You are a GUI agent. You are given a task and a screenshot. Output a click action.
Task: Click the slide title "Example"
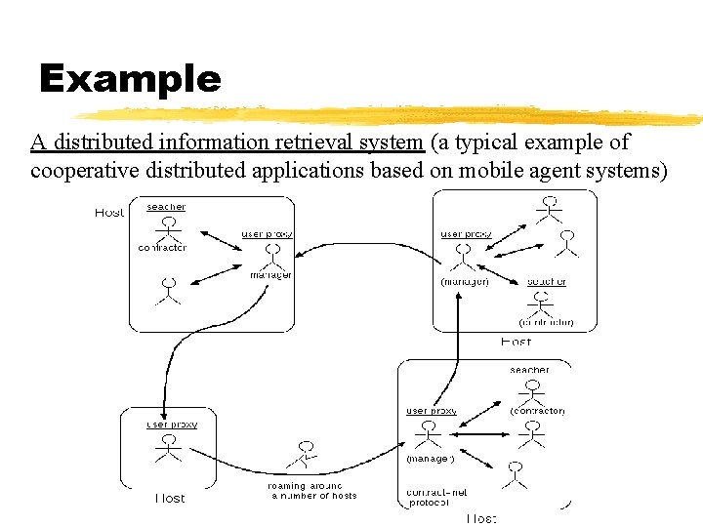[130, 79]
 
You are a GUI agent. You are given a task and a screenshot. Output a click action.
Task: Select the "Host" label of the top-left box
[109, 213]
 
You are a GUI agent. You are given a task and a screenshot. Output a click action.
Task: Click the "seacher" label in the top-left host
[166, 207]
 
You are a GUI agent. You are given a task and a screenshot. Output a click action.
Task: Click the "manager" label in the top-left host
[270, 275]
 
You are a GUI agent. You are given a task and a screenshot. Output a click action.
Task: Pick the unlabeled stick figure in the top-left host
[169, 290]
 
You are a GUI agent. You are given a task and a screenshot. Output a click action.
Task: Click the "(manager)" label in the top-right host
[464, 282]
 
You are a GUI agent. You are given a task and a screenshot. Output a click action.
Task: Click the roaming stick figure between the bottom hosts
[305, 454]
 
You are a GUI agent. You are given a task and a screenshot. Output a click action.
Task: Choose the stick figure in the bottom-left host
[169, 448]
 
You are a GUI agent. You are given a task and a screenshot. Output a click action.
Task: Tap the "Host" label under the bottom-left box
[170, 499]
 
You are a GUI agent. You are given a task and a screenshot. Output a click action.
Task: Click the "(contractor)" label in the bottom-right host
[537, 411]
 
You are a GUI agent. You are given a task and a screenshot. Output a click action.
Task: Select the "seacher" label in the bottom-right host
[529, 370]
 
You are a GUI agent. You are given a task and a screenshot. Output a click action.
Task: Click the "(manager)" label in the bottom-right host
[431, 458]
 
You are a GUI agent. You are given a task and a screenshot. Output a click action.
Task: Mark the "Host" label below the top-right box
[516, 343]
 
